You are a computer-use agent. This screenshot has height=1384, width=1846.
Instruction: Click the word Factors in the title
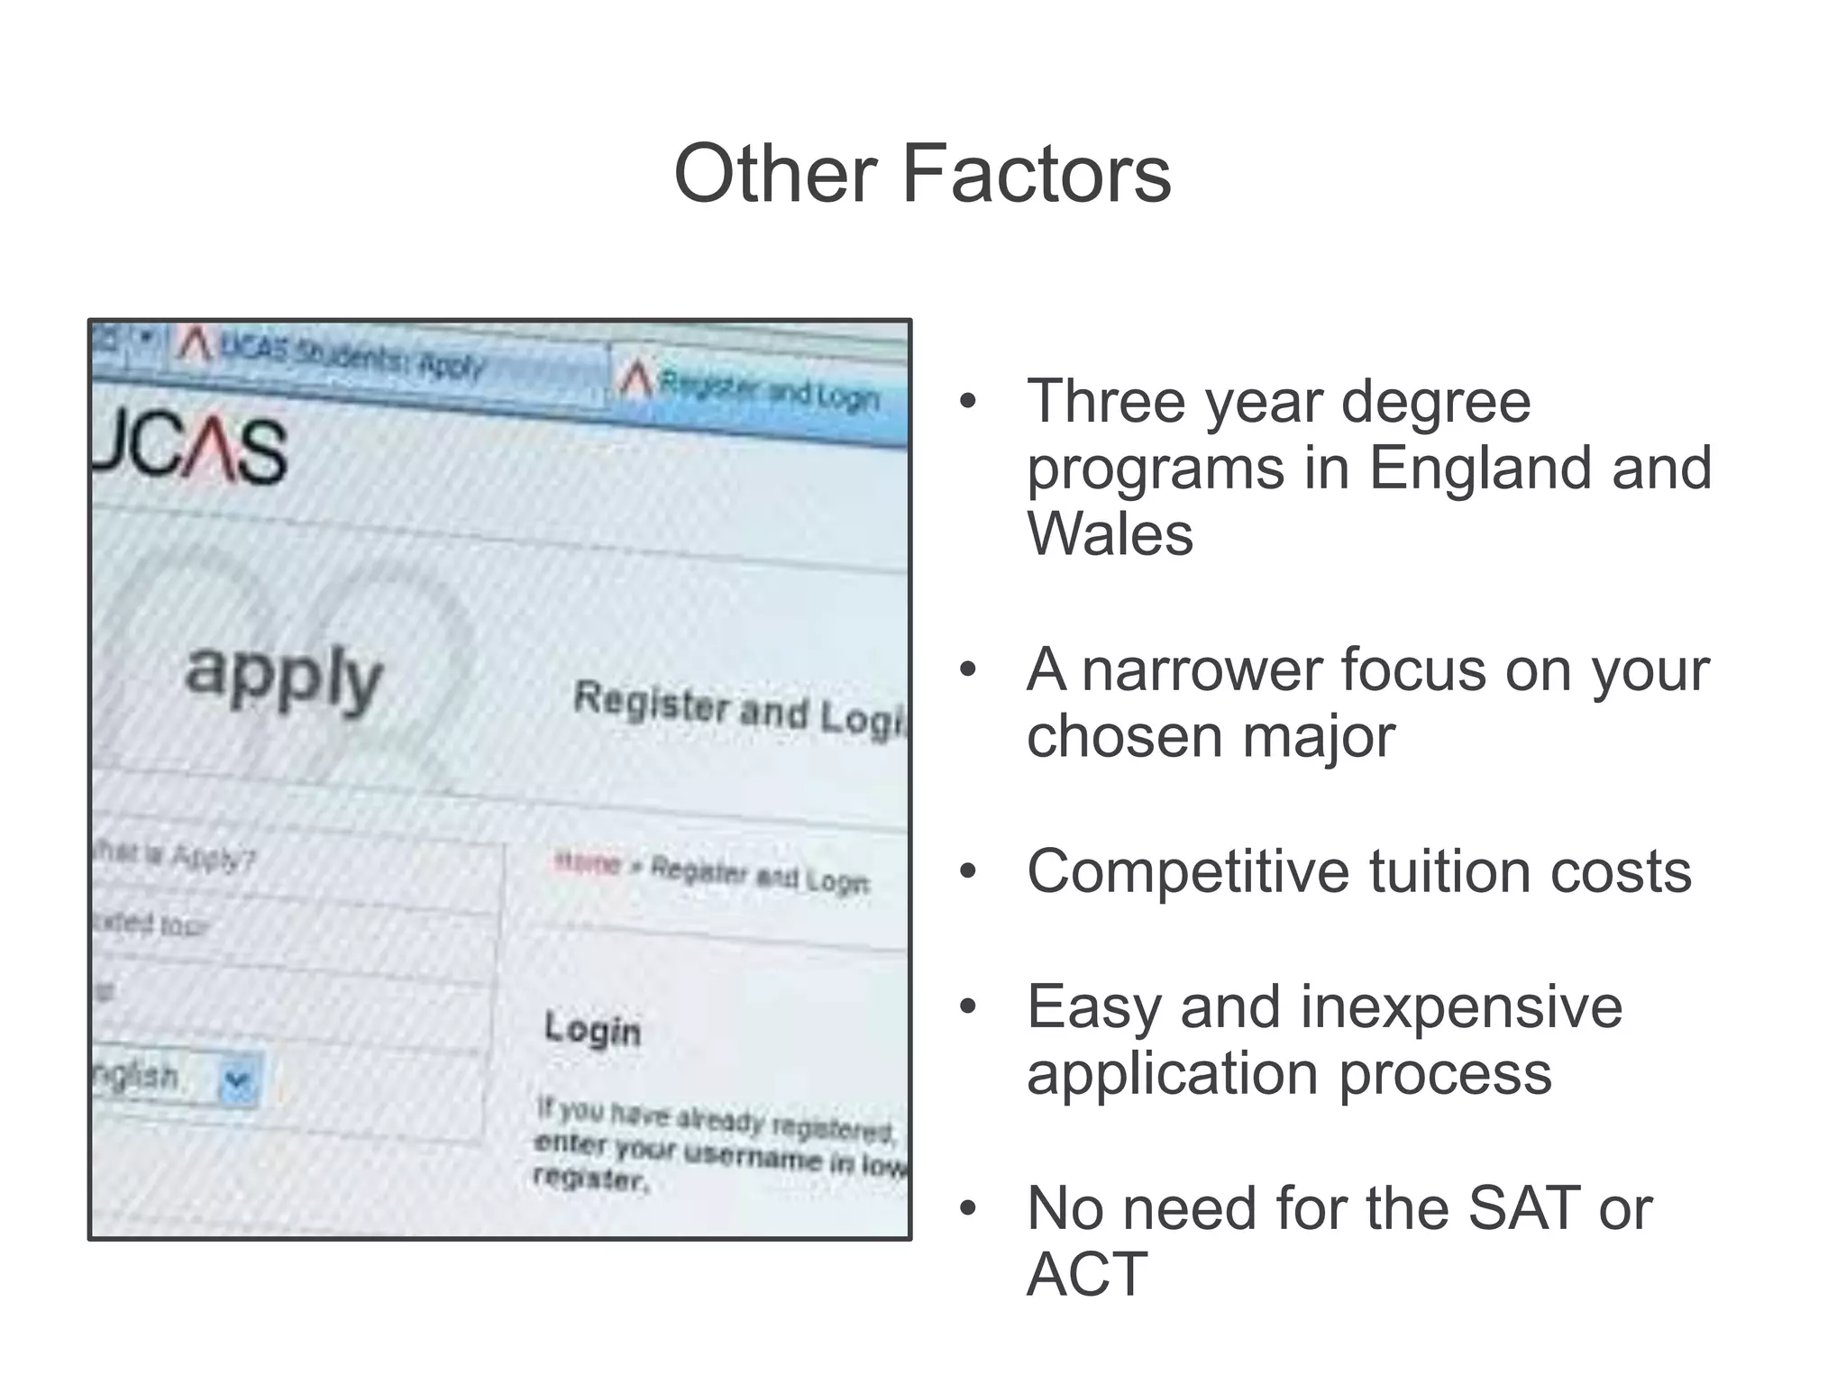click(1036, 173)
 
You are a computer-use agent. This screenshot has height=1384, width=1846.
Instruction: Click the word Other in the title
click(775, 173)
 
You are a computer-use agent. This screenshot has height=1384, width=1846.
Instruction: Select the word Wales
click(1110, 534)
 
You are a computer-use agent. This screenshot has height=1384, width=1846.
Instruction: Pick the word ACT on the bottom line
click(1087, 1275)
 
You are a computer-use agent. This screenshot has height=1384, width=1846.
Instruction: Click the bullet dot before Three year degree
click(968, 403)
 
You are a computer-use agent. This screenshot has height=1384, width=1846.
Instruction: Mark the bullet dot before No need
click(968, 1210)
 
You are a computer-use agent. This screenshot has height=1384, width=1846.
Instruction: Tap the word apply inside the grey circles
click(284, 678)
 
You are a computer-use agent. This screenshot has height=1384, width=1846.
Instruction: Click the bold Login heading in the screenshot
click(592, 1029)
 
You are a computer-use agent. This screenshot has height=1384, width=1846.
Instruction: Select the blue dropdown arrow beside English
click(238, 1079)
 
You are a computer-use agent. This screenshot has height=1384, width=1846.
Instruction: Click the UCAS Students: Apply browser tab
click(352, 360)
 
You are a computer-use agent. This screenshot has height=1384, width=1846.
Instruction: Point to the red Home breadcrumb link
click(588, 864)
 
